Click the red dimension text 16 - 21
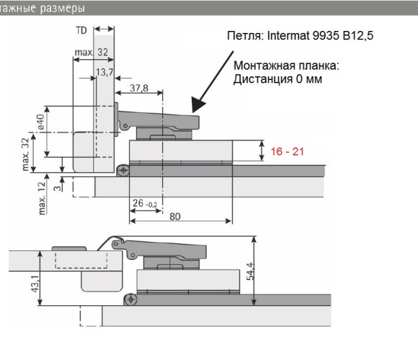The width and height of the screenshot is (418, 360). point(287,151)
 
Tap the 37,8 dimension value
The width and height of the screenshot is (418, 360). point(139,88)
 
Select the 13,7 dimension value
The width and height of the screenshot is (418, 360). point(104,72)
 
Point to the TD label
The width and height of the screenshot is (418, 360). point(81,30)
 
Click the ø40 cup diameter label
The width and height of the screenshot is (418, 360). point(41,122)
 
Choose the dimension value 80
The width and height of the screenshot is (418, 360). point(175,217)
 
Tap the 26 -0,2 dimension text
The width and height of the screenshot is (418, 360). point(145,204)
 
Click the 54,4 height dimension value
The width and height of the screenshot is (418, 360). point(250,271)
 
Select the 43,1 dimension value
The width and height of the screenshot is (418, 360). point(35,284)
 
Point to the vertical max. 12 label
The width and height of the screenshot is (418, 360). point(42,198)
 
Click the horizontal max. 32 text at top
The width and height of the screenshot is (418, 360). point(92,52)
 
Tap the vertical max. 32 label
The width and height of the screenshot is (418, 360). point(25,154)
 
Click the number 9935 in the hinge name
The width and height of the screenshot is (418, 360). point(326,35)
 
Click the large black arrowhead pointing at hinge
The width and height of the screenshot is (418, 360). point(197,104)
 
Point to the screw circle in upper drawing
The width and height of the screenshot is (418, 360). point(124,170)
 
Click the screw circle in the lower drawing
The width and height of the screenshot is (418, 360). point(130,300)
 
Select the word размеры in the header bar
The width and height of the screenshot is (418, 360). point(63,9)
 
